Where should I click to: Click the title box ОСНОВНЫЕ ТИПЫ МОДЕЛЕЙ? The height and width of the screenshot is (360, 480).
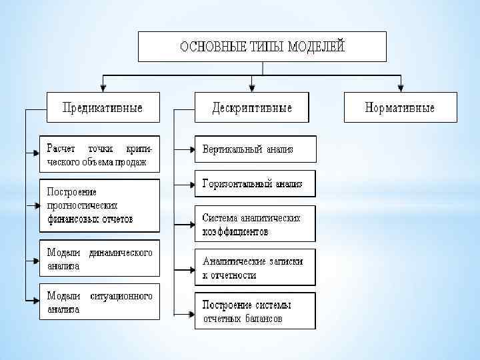262,47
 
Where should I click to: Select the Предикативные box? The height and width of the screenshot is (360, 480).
103,107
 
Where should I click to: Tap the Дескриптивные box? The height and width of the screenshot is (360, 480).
252,107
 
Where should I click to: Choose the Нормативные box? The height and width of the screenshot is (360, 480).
400,107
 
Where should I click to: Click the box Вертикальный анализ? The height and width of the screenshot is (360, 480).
255,149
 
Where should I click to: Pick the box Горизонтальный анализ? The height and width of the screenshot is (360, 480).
255,183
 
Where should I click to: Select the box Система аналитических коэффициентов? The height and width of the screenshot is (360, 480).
255,225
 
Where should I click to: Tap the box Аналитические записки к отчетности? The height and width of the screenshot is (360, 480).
255,267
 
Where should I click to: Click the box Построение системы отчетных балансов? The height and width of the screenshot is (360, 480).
255,311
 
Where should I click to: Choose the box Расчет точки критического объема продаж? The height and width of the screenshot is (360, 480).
100,154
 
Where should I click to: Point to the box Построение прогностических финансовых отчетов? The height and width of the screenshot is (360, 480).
100,205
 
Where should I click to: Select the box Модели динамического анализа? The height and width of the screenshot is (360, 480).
100,258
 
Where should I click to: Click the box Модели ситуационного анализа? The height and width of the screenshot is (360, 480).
100,303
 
